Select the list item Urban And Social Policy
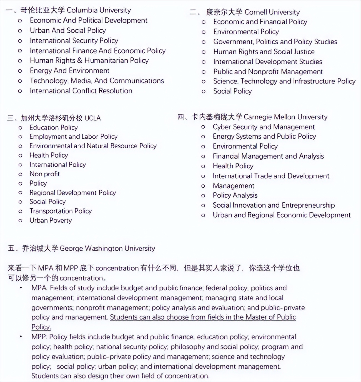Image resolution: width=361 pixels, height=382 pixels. (x=68, y=30)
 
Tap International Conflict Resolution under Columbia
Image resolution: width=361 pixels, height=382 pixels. (x=81, y=91)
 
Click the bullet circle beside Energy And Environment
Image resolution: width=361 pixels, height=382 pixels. (x=20, y=71)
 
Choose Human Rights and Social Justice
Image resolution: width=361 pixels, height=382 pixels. (x=264, y=52)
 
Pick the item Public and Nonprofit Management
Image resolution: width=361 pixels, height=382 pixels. (x=268, y=72)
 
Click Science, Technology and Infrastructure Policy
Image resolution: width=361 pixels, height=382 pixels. (x=284, y=81)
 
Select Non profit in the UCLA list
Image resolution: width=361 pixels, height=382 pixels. (x=45, y=174)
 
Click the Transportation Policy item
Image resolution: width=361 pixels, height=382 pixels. (x=61, y=211)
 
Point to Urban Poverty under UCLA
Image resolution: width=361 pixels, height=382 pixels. (x=51, y=221)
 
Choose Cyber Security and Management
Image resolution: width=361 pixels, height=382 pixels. (x=264, y=127)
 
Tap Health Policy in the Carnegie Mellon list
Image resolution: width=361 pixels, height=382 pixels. (x=233, y=166)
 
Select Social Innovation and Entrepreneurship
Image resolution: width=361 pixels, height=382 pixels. (x=274, y=205)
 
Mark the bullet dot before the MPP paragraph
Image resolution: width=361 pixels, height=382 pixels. (x=21, y=337)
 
